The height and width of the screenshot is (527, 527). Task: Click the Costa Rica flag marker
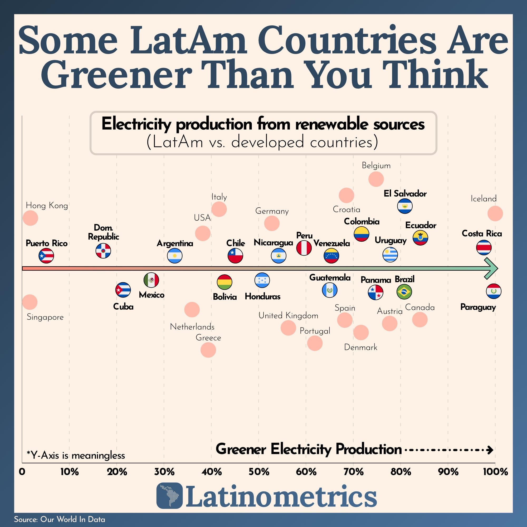click(x=484, y=247)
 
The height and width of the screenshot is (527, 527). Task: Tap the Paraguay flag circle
click(x=494, y=291)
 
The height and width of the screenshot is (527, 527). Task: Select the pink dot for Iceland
click(x=495, y=213)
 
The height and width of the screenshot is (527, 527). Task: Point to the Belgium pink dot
click(x=376, y=179)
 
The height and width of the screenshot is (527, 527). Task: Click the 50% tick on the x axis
click(x=258, y=471)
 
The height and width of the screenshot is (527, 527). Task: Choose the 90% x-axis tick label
click(x=448, y=471)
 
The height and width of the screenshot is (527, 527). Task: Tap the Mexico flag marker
click(x=151, y=280)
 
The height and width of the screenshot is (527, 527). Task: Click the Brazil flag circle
click(x=404, y=292)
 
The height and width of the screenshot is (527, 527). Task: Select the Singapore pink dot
click(x=30, y=302)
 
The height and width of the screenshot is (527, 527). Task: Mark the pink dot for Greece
click(x=208, y=350)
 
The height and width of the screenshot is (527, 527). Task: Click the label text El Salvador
click(x=405, y=194)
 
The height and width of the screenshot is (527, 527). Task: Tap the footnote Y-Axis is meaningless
click(x=76, y=455)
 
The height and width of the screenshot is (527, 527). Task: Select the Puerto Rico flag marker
click(x=46, y=256)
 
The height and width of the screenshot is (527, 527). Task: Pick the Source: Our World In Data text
click(x=60, y=519)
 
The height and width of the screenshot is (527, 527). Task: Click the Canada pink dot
click(x=419, y=319)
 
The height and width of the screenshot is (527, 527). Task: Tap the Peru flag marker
click(x=304, y=248)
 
